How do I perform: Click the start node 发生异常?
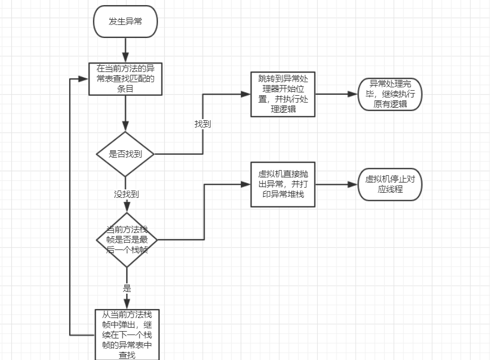(x=125, y=22)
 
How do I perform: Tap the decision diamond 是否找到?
(x=125, y=154)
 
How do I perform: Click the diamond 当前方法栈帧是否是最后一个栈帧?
(x=126, y=240)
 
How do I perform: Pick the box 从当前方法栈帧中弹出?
(x=127, y=334)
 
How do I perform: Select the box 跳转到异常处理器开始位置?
(x=283, y=94)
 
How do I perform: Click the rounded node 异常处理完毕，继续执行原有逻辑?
(x=390, y=94)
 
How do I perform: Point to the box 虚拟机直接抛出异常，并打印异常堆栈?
(x=283, y=184)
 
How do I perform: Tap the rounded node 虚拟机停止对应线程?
(x=390, y=184)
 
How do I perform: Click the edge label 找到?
(x=202, y=124)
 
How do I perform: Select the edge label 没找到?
(x=126, y=194)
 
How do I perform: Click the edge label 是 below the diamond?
(x=126, y=288)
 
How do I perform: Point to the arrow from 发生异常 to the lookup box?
(x=126, y=50)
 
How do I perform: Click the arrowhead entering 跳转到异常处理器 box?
(x=247, y=95)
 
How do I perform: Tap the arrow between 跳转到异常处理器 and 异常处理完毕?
(x=336, y=95)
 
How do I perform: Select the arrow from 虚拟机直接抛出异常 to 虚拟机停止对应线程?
(x=336, y=184)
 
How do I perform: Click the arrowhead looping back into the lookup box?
(x=85, y=79)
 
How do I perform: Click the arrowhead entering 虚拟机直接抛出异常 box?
(x=247, y=184)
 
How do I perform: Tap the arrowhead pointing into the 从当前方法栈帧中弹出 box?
(x=126, y=304)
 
